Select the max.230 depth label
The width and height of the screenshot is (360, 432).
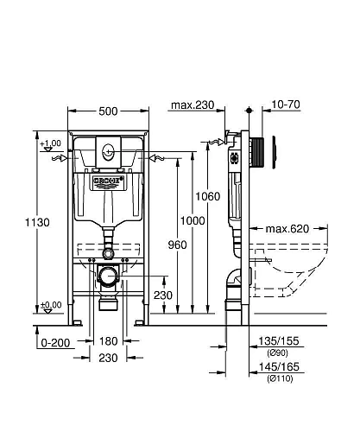tap(192, 106)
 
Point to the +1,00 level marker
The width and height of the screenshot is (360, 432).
tap(49, 143)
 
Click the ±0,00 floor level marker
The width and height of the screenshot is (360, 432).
tap(49, 305)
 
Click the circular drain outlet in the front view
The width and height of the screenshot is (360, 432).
tap(107, 277)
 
